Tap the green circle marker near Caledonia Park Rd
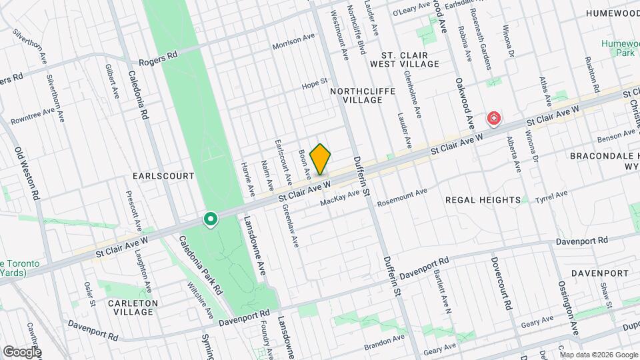(x=211, y=219)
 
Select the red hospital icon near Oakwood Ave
(x=494, y=119)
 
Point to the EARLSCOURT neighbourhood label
(x=163, y=176)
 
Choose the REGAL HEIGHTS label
(x=483, y=199)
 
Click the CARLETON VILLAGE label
(x=131, y=307)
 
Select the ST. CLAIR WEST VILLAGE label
(x=410, y=59)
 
